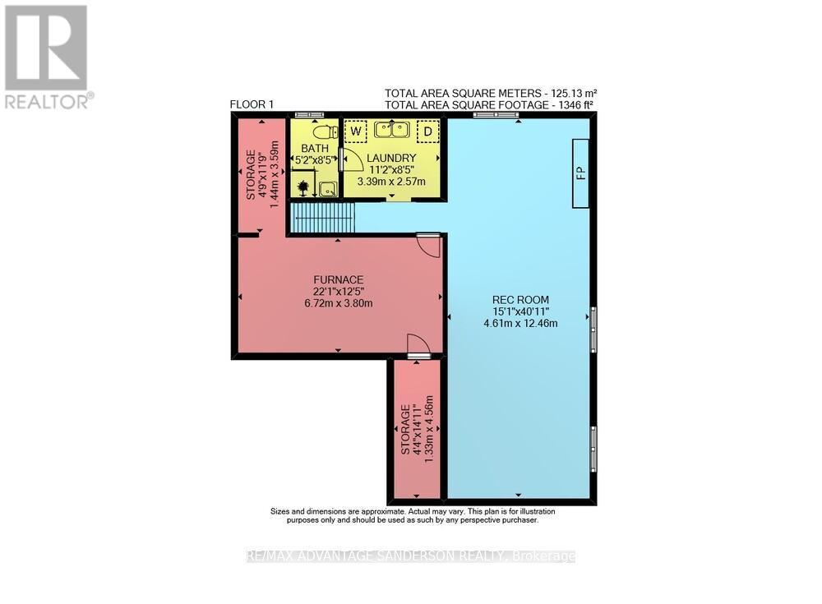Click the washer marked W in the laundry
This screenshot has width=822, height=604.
(x=355, y=131)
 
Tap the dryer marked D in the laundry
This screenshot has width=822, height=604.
(x=427, y=131)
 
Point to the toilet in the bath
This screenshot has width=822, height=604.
(x=326, y=131)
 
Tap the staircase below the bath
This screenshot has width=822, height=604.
(x=323, y=219)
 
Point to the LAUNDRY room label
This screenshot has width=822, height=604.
(x=391, y=158)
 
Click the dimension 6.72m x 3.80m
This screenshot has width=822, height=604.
(x=338, y=303)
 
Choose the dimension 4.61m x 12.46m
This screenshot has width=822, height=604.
(x=520, y=323)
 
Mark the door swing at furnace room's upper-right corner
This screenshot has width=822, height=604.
(x=428, y=244)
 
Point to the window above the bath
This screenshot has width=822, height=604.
(x=310, y=114)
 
